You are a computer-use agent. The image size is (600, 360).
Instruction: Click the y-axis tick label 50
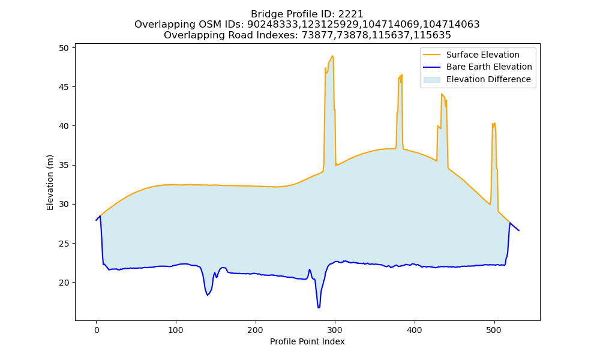64,48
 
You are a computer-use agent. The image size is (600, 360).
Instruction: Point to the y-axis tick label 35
64,165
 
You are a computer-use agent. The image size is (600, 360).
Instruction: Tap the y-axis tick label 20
64,283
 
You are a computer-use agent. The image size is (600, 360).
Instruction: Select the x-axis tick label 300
335,330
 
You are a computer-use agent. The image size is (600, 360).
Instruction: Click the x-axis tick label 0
97,330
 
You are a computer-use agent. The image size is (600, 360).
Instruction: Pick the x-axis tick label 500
494,330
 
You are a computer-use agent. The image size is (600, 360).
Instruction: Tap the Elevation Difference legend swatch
431,80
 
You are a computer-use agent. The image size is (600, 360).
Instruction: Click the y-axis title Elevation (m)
50,182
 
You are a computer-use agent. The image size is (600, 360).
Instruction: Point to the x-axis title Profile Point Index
307,341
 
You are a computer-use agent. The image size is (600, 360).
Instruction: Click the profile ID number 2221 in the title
350,14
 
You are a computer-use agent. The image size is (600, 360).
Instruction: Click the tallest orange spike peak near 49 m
332,56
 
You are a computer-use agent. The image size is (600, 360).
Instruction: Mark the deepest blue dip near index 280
319,307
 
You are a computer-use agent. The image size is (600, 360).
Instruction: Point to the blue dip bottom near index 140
208,295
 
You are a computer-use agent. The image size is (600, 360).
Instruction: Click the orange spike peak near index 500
495,123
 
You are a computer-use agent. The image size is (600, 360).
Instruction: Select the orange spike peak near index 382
401,74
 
